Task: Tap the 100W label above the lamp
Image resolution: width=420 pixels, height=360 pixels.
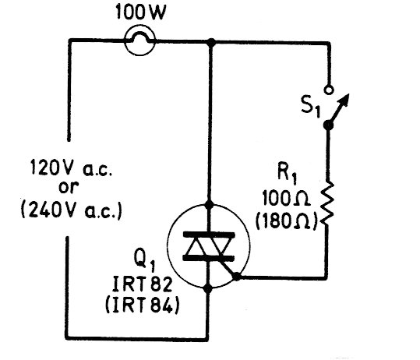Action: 140,12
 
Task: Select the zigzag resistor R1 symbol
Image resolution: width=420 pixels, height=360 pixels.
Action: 327,203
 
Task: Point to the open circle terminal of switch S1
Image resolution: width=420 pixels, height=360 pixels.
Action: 328,90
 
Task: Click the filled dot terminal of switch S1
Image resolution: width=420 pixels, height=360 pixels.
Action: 328,125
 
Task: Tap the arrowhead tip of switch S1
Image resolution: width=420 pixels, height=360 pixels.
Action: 349,94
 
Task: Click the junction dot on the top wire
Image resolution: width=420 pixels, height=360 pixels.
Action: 211,42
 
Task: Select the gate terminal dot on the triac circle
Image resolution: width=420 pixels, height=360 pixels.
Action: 237,277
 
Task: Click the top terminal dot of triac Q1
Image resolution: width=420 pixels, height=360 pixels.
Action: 209,205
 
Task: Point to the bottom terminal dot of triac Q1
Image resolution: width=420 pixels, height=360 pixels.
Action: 208,289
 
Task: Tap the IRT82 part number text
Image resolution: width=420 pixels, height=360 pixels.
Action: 142,284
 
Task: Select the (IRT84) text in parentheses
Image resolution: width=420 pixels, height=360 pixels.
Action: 143,305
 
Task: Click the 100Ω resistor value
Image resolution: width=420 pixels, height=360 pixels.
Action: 285,199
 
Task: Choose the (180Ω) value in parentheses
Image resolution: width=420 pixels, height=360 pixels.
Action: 286,221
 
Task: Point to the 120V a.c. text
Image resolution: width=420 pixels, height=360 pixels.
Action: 71,168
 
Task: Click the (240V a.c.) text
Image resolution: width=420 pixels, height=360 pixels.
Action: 72,210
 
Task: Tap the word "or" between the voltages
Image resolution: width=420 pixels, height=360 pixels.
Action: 69,187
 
